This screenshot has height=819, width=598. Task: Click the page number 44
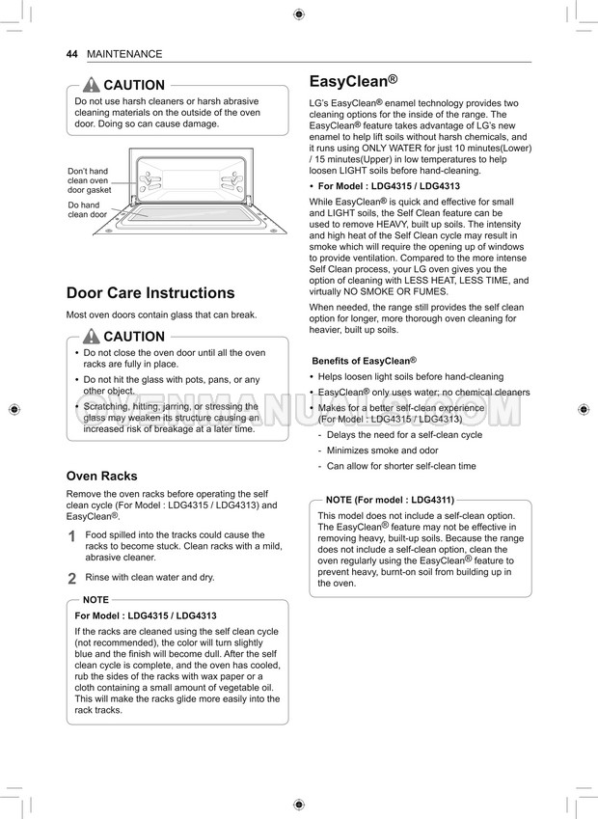tap(71, 54)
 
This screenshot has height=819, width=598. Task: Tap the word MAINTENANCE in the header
tap(124, 54)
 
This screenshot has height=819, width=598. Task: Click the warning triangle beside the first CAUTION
tap(92, 85)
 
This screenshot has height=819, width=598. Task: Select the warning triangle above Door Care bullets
tap(92, 337)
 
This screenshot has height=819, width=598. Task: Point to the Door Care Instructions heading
tap(149, 292)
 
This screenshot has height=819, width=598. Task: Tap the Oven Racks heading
tap(101, 476)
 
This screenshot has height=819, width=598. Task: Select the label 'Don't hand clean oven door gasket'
tap(89, 180)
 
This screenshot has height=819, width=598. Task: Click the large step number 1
tap(71, 537)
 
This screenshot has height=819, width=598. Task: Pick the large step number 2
tap(71, 579)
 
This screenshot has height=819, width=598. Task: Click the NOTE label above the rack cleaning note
tap(95, 599)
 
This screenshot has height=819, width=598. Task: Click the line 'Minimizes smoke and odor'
tap(382, 450)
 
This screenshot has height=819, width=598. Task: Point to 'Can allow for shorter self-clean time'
tap(401, 466)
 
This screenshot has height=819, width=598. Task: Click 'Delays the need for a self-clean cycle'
tap(404, 435)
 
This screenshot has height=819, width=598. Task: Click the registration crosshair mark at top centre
tap(298, 14)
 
